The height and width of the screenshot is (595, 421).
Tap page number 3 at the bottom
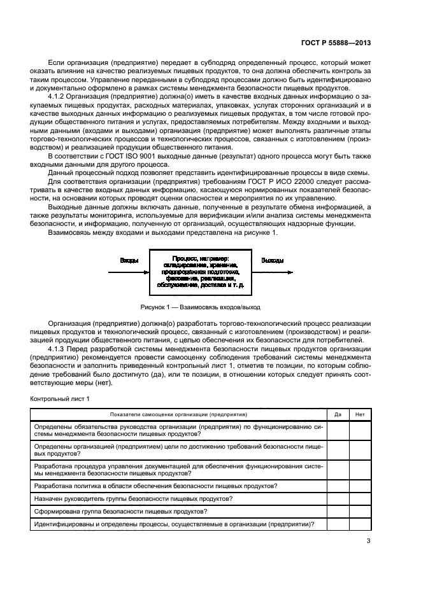click(368, 542)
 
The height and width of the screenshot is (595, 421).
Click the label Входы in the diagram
click(129, 261)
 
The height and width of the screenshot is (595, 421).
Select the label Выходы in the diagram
click(273, 261)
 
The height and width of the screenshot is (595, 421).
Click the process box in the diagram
click(200, 271)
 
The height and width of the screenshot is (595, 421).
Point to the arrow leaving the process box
click(273, 271)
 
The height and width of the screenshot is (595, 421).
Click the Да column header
click(338, 414)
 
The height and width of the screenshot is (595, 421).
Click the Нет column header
click(360, 414)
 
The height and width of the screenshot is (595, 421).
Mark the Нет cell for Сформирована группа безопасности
click(360, 512)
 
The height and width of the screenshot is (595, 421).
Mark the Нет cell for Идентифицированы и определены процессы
click(360, 524)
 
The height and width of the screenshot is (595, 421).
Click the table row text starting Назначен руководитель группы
click(132, 498)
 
